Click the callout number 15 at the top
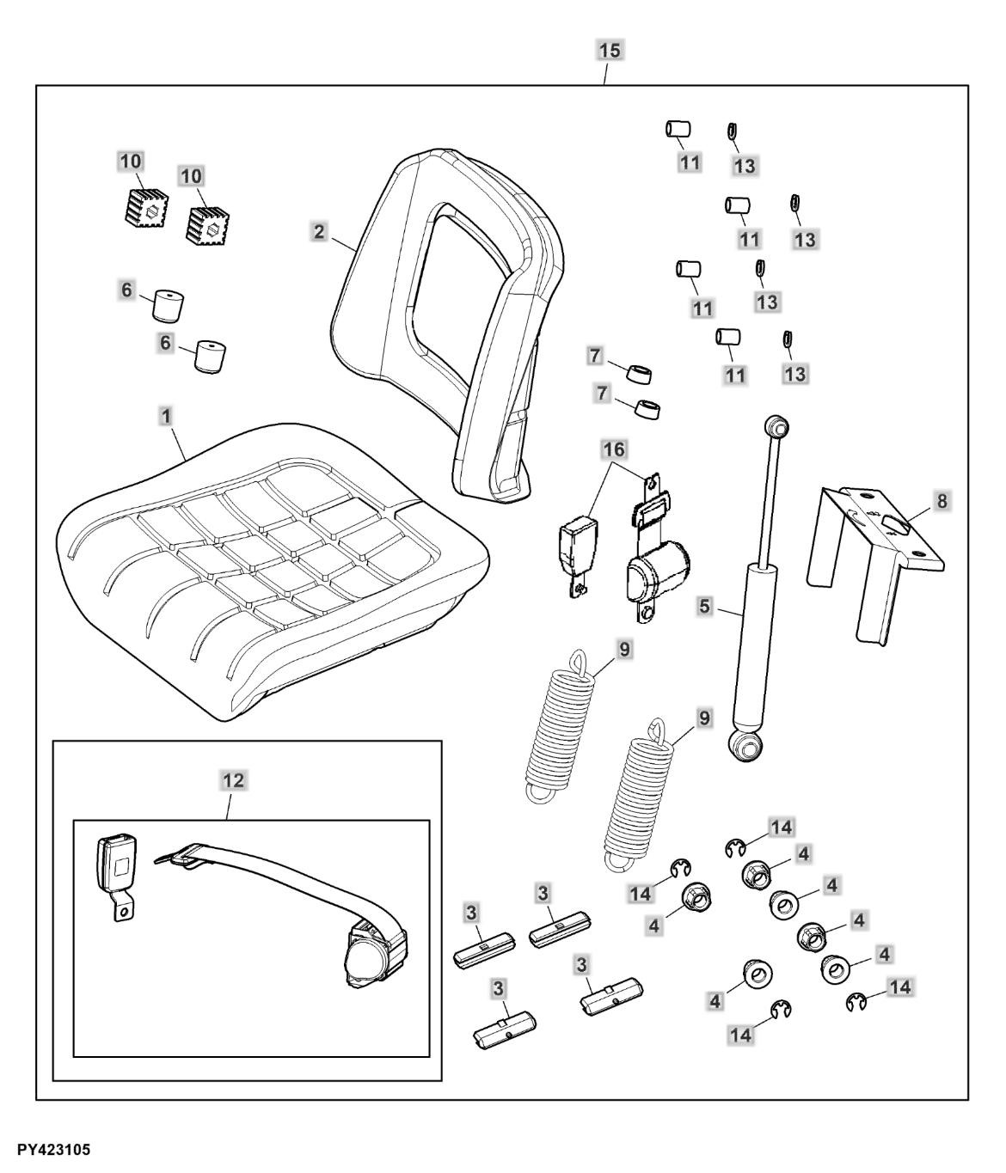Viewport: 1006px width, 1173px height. [609, 50]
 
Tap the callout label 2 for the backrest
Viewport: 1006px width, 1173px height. [319, 231]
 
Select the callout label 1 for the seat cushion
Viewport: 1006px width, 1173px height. [167, 416]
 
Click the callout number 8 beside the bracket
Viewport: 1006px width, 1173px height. [943, 501]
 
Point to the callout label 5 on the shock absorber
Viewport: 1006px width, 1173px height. [705, 606]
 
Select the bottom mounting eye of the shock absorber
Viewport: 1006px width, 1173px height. [745, 744]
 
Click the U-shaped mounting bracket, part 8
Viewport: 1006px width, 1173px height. [868, 550]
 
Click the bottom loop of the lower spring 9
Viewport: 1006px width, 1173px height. [618, 859]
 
